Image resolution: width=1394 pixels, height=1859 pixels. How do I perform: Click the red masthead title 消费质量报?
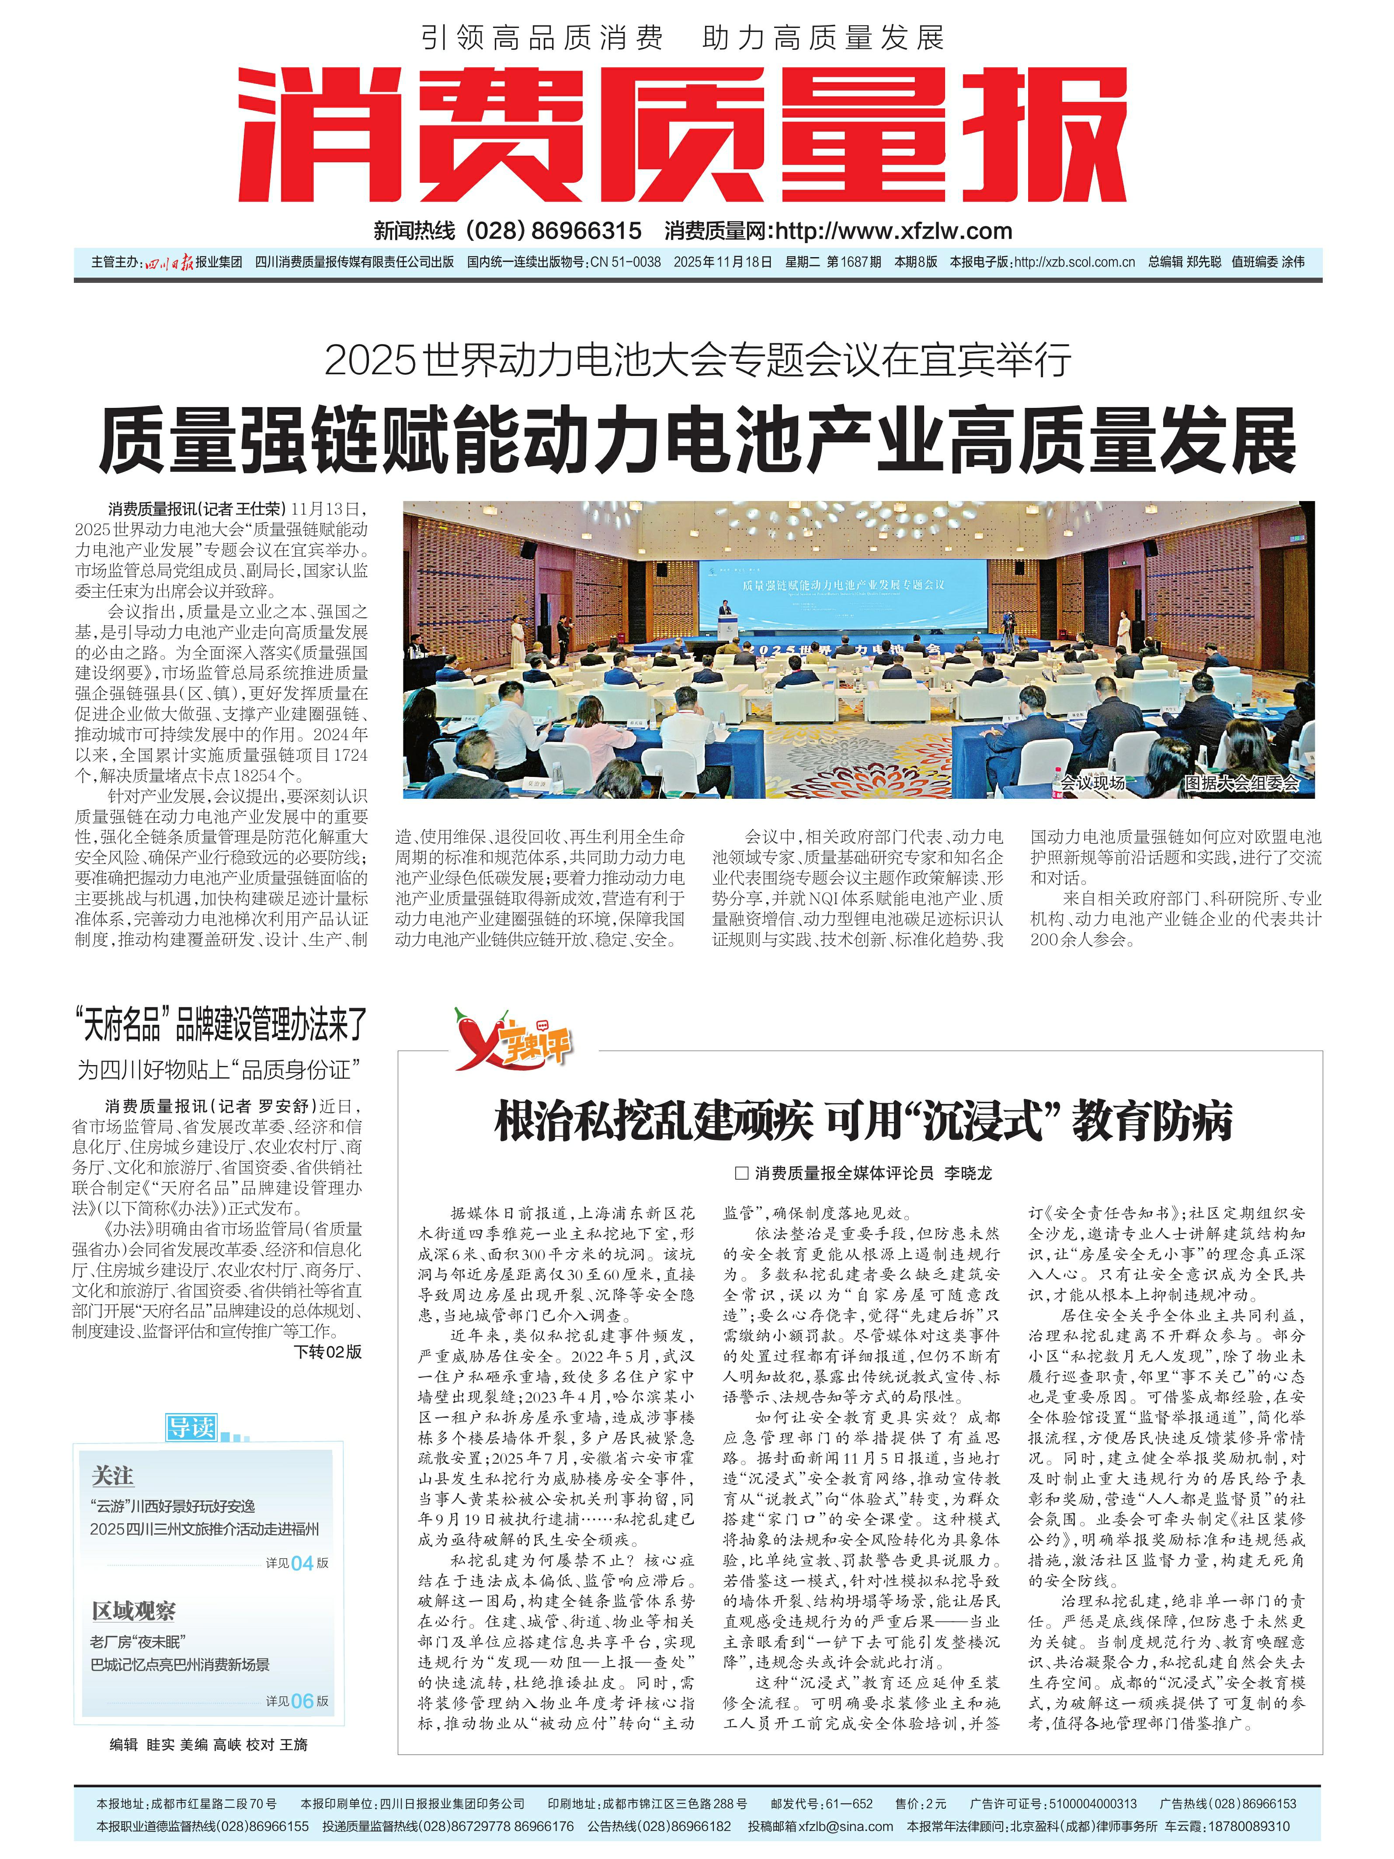click(x=682, y=135)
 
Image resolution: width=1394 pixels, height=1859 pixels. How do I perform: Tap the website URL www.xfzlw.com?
click(x=892, y=231)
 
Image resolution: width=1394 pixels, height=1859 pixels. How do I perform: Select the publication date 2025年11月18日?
click(x=723, y=262)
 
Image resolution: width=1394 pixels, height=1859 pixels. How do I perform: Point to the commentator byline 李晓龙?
click(x=967, y=1173)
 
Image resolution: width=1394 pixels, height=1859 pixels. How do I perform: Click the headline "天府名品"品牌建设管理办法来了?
click(x=220, y=1023)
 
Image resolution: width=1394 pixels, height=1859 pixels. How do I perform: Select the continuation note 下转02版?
click(x=328, y=1351)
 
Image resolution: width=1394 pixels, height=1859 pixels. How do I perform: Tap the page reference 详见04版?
click(x=297, y=1563)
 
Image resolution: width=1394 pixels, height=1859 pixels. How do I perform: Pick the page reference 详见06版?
click(x=297, y=1701)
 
